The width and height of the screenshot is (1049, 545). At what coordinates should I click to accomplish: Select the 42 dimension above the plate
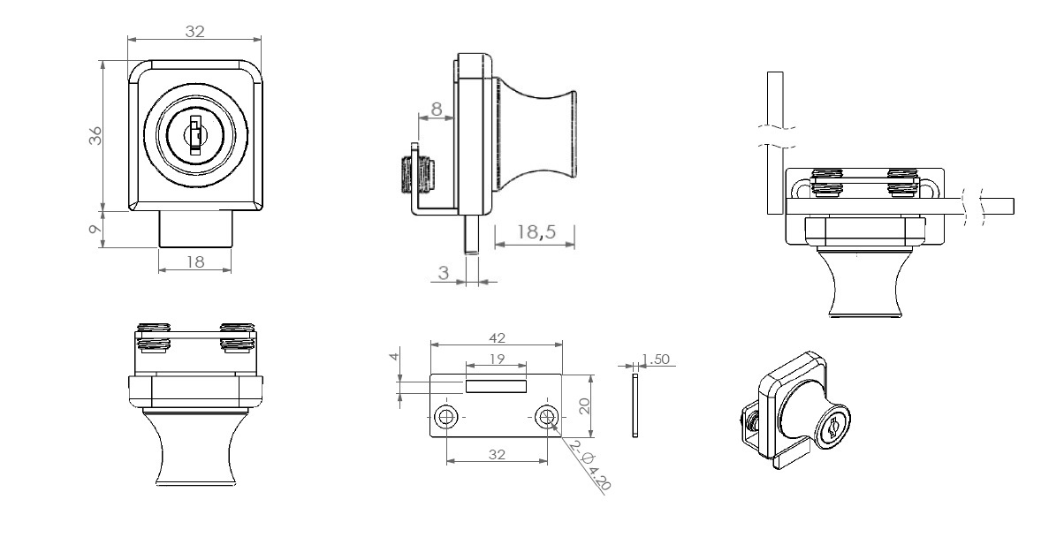[x=495, y=337]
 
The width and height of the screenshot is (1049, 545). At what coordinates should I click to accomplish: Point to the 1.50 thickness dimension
[x=657, y=359]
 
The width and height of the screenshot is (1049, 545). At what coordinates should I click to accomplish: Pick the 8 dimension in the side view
[x=436, y=110]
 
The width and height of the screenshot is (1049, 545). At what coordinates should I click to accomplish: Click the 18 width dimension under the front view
[x=194, y=261]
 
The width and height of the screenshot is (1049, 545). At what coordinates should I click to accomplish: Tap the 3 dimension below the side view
[x=444, y=274]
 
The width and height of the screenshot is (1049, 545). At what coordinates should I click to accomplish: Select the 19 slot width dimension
[x=496, y=359]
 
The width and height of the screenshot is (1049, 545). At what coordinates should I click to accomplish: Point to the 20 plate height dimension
[x=584, y=405]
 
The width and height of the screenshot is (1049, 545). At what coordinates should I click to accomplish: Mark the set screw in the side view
[x=415, y=172]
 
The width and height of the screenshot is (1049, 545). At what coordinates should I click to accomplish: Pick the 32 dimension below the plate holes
[x=496, y=453]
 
